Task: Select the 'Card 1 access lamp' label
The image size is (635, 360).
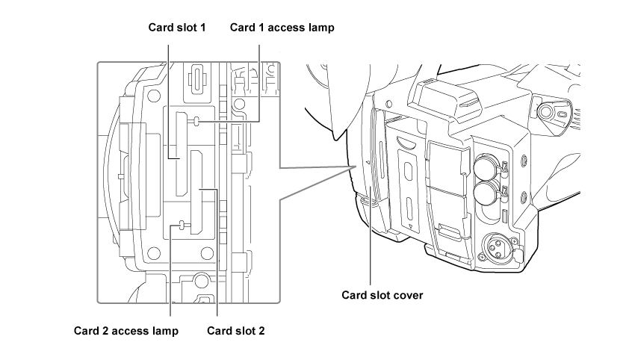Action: click(282, 27)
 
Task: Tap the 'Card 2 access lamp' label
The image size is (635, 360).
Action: click(126, 329)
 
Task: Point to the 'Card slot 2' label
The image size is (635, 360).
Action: click(235, 329)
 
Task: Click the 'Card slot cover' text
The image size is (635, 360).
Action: click(382, 294)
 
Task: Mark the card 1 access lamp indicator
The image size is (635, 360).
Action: click(196, 121)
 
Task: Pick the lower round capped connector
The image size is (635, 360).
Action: click(483, 194)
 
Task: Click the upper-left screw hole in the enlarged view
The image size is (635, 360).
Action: click(154, 97)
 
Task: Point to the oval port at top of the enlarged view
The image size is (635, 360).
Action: click(197, 77)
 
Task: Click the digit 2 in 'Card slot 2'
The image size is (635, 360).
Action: click(261, 329)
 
